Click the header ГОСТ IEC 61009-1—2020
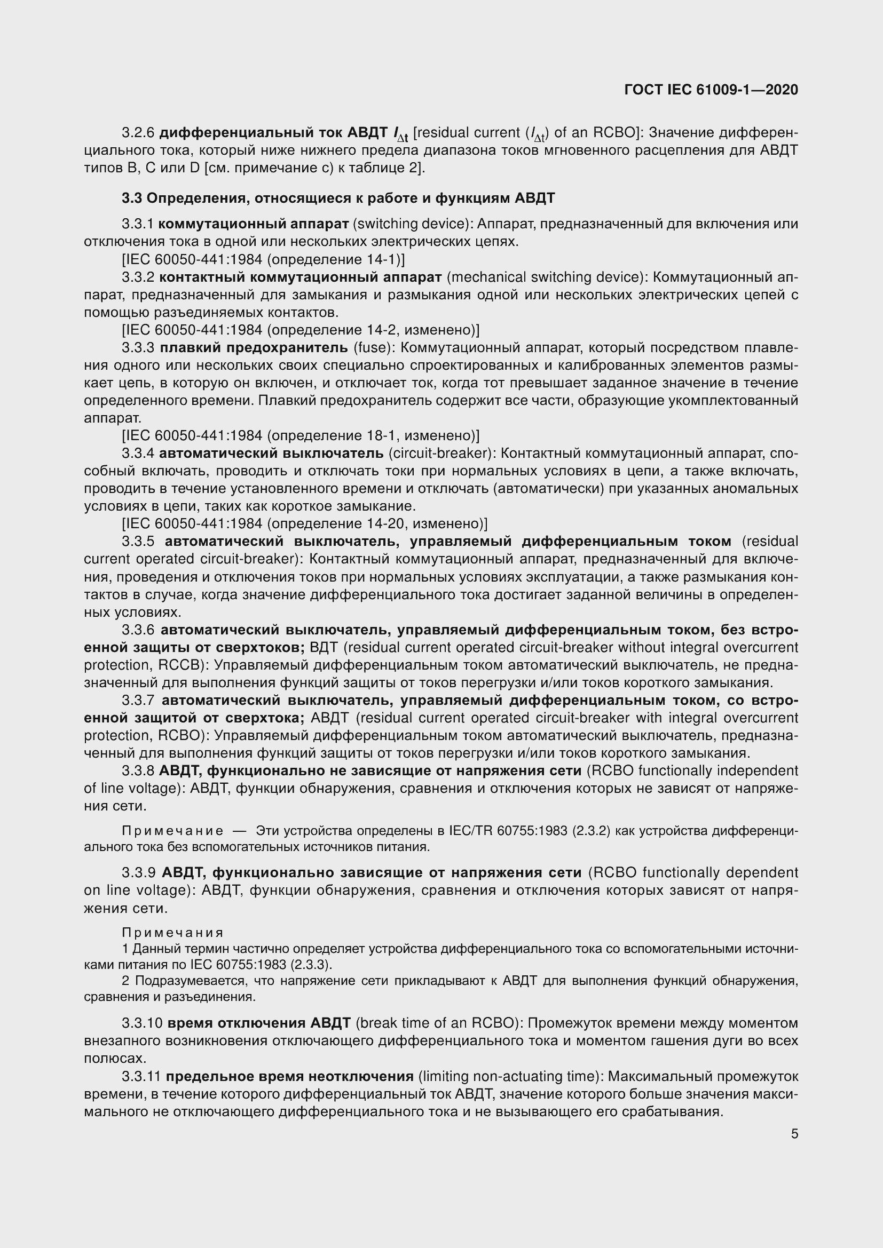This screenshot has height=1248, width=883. [711, 90]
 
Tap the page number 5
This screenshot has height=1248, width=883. [794, 1134]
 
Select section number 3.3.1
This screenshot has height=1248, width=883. [138, 224]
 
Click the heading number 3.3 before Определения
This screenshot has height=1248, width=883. [131, 198]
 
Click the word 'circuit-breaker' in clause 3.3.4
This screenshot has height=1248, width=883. [441, 454]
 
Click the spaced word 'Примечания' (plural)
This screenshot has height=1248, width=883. [173, 933]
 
